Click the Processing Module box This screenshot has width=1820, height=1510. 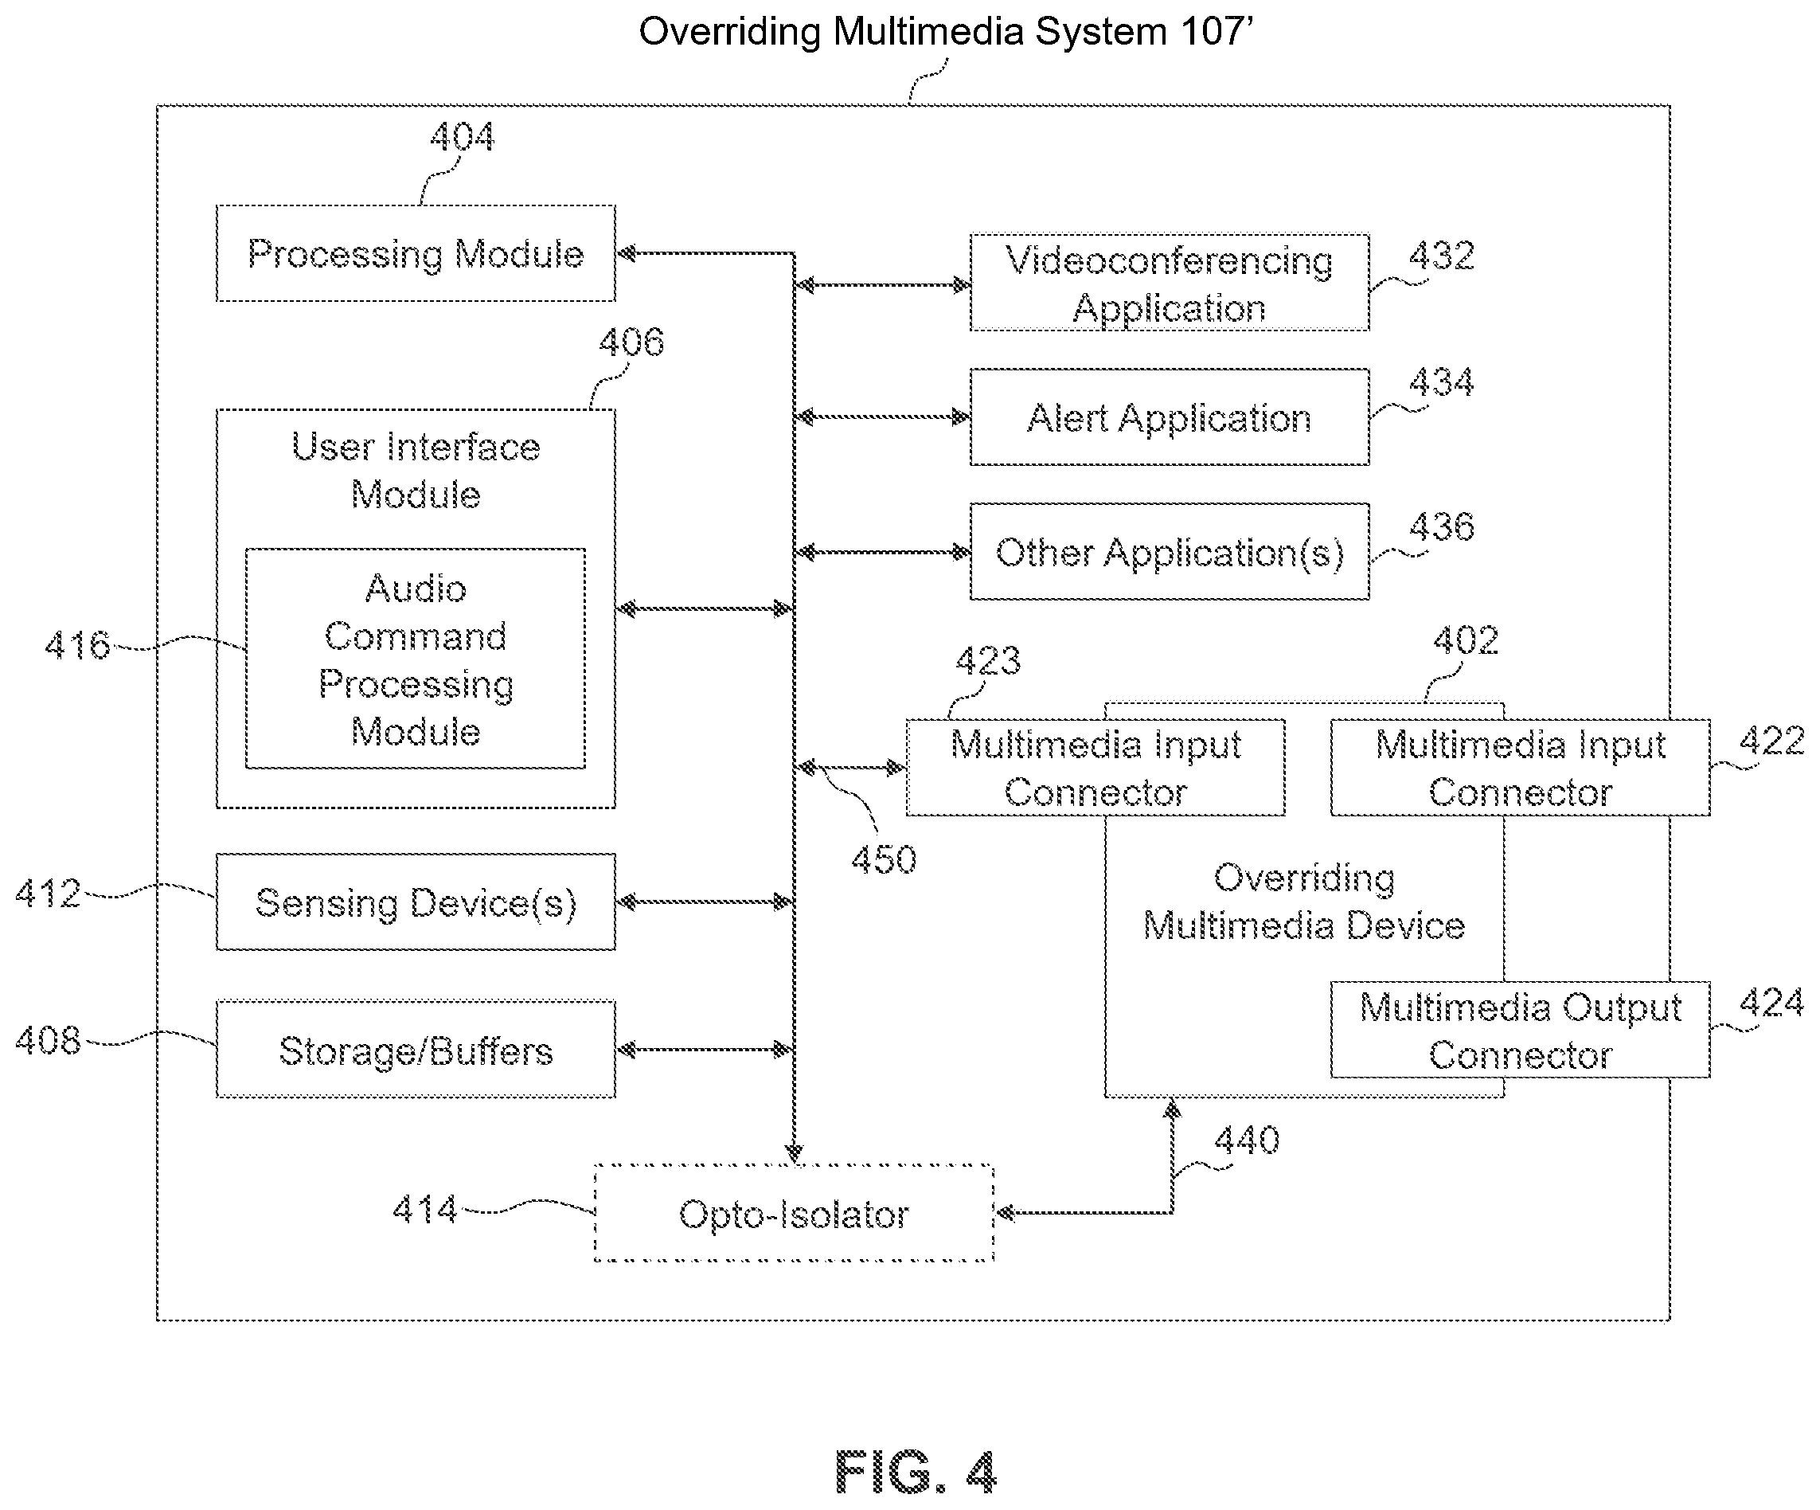(415, 253)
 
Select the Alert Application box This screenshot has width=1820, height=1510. (1168, 417)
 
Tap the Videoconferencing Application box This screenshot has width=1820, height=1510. (1168, 283)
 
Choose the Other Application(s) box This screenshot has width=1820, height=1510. (1168, 551)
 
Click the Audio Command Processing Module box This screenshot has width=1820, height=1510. (415, 659)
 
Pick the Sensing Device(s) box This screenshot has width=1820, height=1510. (415, 902)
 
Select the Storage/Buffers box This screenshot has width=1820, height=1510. (415, 1050)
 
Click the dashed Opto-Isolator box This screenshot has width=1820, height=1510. (793, 1213)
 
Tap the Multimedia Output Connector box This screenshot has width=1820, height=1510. (1519, 1030)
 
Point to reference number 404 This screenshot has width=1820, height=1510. (462, 137)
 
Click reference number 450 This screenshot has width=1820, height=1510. (883, 860)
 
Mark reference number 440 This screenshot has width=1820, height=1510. (1246, 1140)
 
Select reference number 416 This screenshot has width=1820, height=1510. (77, 646)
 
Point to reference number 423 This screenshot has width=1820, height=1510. (988, 661)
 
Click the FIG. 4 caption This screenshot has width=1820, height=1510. (916, 1472)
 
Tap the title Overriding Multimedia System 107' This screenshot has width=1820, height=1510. (946, 32)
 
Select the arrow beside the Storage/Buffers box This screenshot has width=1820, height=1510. (704, 1050)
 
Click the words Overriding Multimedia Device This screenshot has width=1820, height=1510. (1303, 902)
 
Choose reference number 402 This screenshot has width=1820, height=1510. (1465, 640)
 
